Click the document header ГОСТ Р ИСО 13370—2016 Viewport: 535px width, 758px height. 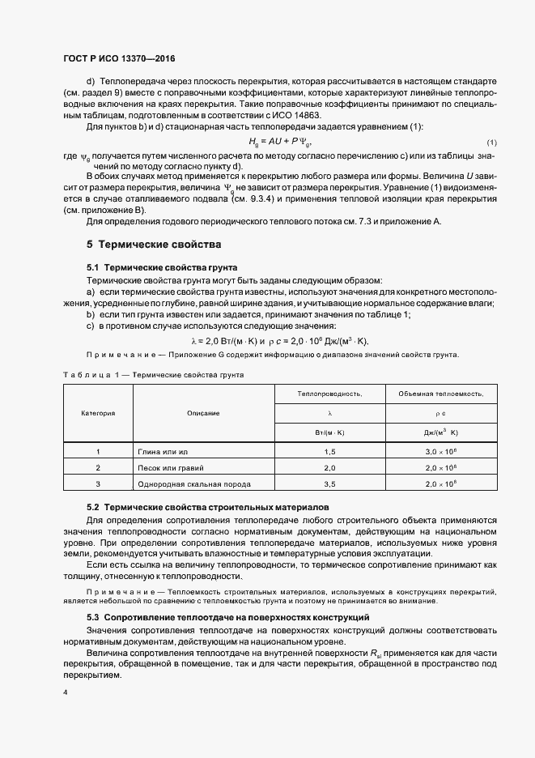click(x=119, y=59)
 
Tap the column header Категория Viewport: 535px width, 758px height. click(x=98, y=413)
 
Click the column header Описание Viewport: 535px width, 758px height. click(x=203, y=413)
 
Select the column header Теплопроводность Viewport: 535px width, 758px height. click(x=329, y=394)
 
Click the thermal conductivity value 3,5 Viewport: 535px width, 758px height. click(x=329, y=484)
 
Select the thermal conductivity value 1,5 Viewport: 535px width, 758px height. click(x=329, y=452)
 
